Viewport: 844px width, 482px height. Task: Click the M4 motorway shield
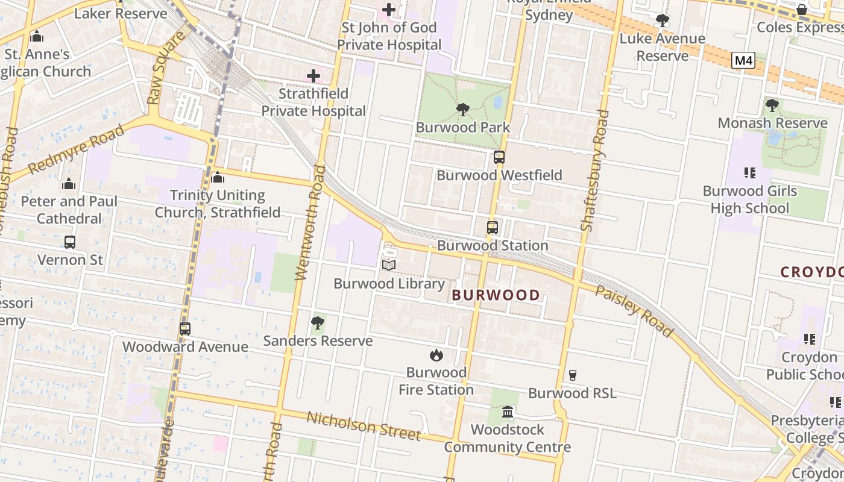pos(743,60)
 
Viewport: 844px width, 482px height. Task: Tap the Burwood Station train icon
pos(493,228)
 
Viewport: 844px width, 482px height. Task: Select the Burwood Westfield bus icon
pos(499,157)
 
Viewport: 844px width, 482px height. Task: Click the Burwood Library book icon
pos(389,265)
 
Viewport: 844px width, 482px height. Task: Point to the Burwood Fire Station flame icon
pos(436,355)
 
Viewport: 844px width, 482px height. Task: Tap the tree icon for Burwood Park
pos(463,110)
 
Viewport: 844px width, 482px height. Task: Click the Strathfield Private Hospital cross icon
pos(313,76)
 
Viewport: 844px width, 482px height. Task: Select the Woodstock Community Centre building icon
pos(508,412)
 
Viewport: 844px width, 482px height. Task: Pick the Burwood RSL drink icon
pos(573,375)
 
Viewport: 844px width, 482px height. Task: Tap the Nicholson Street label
pos(364,426)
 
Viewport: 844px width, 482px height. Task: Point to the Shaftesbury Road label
pos(594,171)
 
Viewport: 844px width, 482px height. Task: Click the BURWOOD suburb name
pos(496,295)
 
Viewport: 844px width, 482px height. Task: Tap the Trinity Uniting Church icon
pos(218,178)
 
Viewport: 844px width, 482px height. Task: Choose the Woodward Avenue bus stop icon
pos(185,329)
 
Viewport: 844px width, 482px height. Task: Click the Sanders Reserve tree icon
pos(318,324)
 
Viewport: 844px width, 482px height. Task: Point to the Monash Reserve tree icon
pos(772,105)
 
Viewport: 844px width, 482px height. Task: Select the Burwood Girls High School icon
pos(749,174)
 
